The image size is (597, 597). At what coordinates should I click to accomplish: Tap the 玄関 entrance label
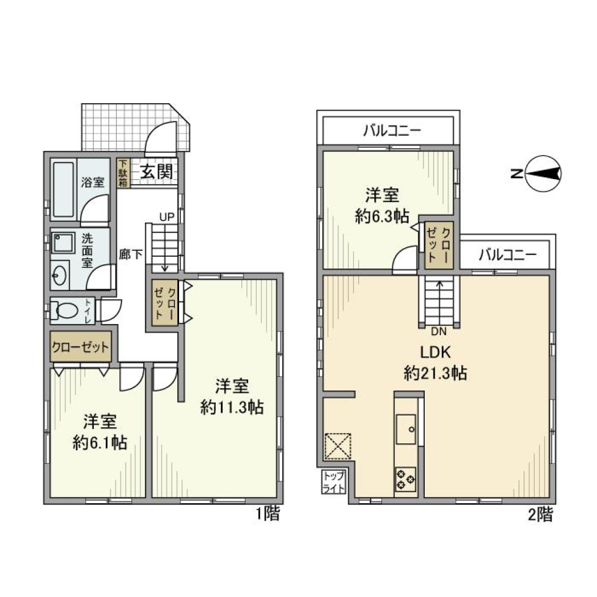pyautogui.click(x=155, y=172)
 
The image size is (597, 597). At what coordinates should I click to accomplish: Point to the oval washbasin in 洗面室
pyautogui.click(x=61, y=274)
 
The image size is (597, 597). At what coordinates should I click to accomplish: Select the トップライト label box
pyautogui.click(x=333, y=482)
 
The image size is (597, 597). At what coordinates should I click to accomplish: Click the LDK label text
pyautogui.click(x=435, y=353)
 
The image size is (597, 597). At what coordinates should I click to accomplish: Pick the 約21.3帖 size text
pyautogui.click(x=435, y=374)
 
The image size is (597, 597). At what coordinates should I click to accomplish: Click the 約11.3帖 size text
pyautogui.click(x=232, y=408)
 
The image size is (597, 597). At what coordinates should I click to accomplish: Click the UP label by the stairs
pyautogui.click(x=166, y=218)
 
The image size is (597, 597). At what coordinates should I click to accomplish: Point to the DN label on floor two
pyautogui.click(x=439, y=331)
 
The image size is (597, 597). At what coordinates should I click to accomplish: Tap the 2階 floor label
pyautogui.click(x=539, y=514)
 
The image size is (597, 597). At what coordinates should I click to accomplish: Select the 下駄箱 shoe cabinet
pyautogui.click(x=124, y=172)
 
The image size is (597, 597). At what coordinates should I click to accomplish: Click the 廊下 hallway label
pyautogui.click(x=131, y=254)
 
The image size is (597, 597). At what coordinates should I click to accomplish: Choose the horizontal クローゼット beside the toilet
pyautogui.click(x=80, y=348)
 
